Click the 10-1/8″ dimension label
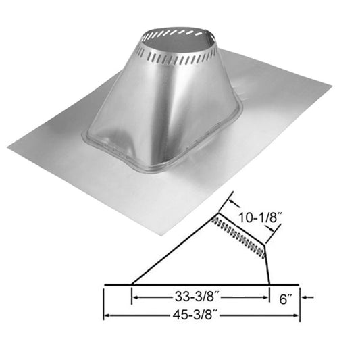[x=261, y=218]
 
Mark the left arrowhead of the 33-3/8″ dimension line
[x=134, y=296]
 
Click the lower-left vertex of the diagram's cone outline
[x=130, y=284]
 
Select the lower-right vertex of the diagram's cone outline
[x=269, y=284]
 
